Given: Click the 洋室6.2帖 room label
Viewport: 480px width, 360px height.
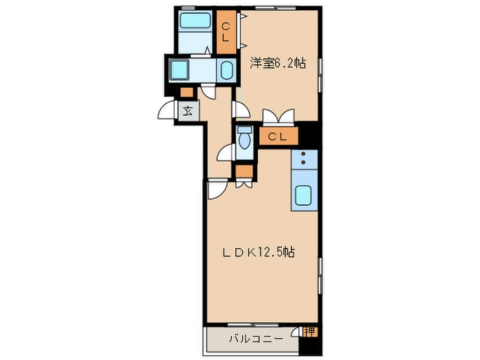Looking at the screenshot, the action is (x=278, y=64).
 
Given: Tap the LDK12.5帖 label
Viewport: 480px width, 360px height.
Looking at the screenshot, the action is (x=259, y=252).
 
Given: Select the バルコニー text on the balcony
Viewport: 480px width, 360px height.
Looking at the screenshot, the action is (x=256, y=339).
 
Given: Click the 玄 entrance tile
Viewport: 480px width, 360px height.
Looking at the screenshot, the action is (x=188, y=111).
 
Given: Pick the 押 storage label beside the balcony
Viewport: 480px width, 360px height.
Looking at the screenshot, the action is (x=309, y=332).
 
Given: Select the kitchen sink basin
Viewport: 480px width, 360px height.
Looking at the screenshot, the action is (x=303, y=195).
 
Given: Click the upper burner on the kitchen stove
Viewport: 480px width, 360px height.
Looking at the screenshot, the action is (x=303, y=154).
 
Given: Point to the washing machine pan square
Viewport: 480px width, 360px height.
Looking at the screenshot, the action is (x=179, y=70).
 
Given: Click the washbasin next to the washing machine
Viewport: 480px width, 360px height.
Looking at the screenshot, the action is (x=226, y=70).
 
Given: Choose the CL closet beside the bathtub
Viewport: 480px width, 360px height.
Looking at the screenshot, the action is (x=226, y=32).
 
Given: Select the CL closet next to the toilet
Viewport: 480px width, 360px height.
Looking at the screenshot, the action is (x=278, y=136).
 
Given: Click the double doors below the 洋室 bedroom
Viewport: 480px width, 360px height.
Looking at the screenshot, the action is (x=278, y=117).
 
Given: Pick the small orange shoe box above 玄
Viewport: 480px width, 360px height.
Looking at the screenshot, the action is (x=187, y=92).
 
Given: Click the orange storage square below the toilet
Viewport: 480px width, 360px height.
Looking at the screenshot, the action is (x=244, y=171).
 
